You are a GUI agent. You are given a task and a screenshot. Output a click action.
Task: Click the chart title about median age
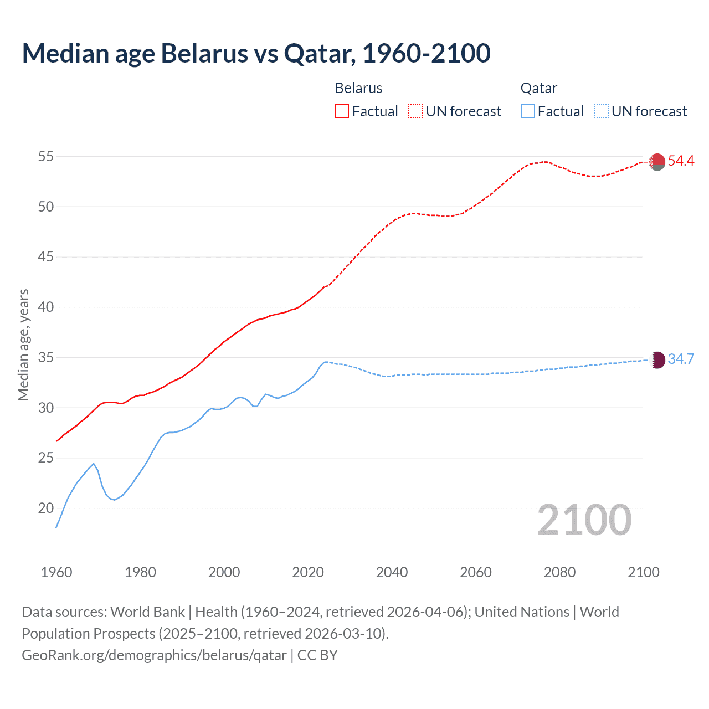(x=256, y=53)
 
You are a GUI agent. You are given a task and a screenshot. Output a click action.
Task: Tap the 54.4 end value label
(x=681, y=161)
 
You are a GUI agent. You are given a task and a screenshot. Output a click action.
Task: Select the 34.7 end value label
(x=681, y=359)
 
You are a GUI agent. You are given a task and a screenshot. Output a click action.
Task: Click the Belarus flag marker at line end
(x=657, y=162)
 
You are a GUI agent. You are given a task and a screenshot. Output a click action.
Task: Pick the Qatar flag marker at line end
(x=657, y=360)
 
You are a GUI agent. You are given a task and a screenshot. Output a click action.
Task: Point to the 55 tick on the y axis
(x=45, y=156)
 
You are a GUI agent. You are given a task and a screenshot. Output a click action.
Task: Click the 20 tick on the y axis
(x=45, y=508)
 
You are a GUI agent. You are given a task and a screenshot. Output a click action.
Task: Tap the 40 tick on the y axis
(x=45, y=307)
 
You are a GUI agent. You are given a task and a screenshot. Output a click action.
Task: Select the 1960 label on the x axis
(x=56, y=572)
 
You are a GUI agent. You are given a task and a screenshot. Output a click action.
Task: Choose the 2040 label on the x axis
(x=392, y=572)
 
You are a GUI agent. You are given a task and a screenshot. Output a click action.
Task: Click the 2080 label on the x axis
(x=559, y=572)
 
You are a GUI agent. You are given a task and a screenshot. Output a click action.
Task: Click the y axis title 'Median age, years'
(x=23, y=345)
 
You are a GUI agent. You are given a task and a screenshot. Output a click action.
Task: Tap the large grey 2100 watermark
(x=584, y=520)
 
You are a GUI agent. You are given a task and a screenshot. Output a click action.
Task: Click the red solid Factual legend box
(x=342, y=111)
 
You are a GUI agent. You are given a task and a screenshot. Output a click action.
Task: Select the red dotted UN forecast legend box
(x=415, y=111)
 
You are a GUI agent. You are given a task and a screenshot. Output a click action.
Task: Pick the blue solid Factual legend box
(x=527, y=111)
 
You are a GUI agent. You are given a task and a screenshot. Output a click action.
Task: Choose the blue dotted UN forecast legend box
(x=601, y=111)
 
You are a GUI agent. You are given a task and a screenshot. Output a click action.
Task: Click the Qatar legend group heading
(x=538, y=88)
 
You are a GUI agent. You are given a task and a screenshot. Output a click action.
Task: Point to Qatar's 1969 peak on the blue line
(x=94, y=464)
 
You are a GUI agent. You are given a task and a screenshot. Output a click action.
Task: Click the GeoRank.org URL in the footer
(x=154, y=655)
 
